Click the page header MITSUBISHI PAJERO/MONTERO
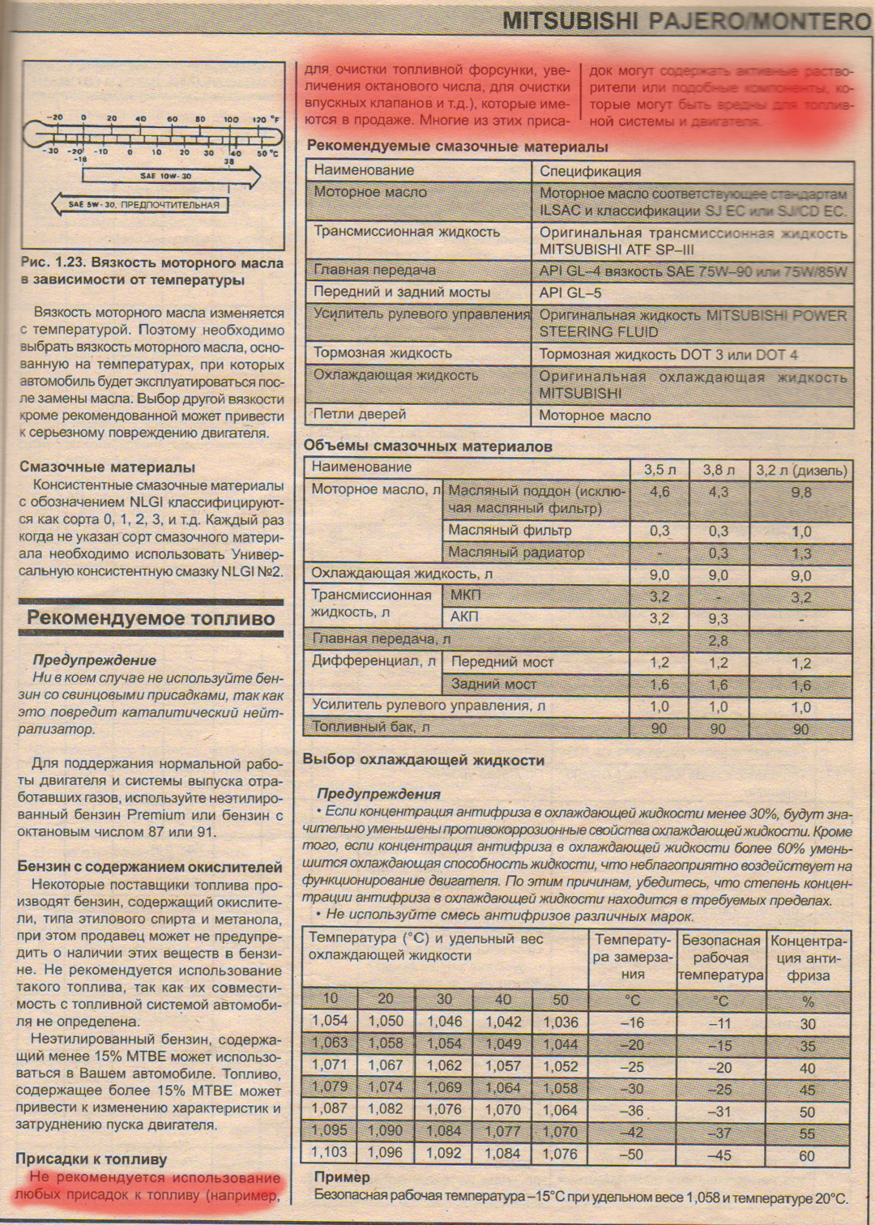[x=685, y=22]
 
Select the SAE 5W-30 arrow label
[x=143, y=205]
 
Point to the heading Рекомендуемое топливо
[x=151, y=618]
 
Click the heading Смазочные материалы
[x=107, y=467]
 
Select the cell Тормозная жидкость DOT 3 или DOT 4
[x=668, y=355]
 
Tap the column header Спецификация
[x=590, y=171]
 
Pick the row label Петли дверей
[x=360, y=414]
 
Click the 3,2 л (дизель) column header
[x=801, y=469]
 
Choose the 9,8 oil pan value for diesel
[x=800, y=492]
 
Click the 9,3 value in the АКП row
[x=718, y=618]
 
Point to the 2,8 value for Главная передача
[x=718, y=640]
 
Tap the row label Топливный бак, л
[x=371, y=727]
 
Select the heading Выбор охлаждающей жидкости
[x=423, y=760]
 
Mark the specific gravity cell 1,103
[x=329, y=1151]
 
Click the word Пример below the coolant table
[x=341, y=1176]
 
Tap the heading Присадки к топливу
[x=91, y=1159]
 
